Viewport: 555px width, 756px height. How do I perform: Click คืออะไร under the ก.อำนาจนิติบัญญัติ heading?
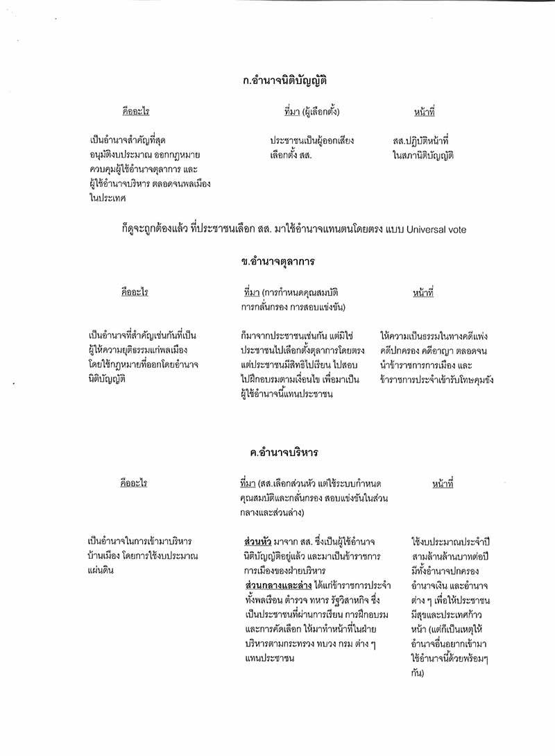[x=135, y=112]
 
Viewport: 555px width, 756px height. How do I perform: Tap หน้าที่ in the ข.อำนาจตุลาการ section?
[x=422, y=294]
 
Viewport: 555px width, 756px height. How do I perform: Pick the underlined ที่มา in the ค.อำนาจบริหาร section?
[x=247, y=483]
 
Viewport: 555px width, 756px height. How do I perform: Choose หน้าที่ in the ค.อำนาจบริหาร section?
[x=442, y=483]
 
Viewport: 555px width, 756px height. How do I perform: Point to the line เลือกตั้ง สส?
[x=291, y=156]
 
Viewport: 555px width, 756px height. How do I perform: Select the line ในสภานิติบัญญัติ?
[x=422, y=156]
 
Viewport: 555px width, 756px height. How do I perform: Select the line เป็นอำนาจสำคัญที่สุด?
[x=128, y=141]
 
